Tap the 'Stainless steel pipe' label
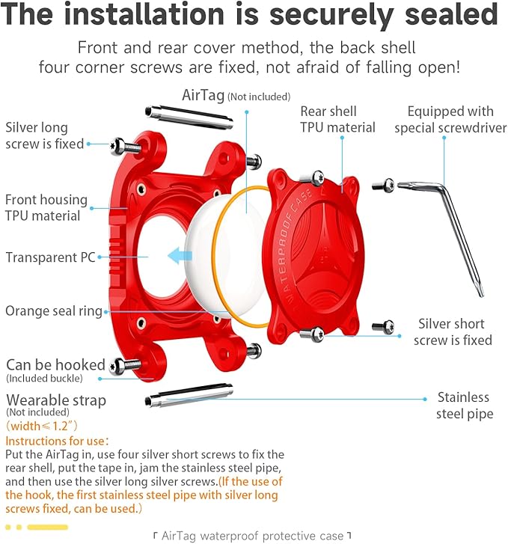pyautogui.click(x=463, y=405)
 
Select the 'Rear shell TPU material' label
pyautogui.click(x=337, y=120)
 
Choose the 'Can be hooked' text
pyautogui.click(x=55, y=365)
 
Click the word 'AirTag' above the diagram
pyautogui.click(x=203, y=96)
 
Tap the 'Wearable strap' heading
pyautogui.click(x=56, y=400)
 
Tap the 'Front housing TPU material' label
pyautogui.click(x=46, y=208)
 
